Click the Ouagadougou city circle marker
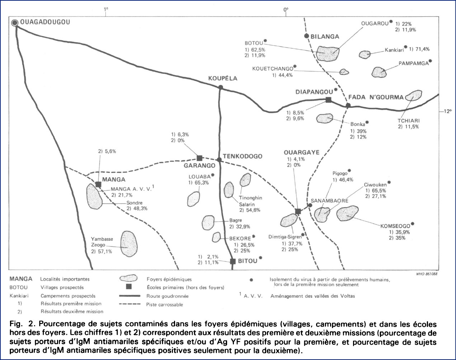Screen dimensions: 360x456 click(x=15, y=23)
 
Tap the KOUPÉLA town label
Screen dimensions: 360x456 click(x=223, y=79)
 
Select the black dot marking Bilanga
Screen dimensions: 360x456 click(x=306, y=36)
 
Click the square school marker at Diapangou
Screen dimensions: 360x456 click(x=328, y=100)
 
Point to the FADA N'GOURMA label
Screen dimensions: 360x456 click(x=376, y=97)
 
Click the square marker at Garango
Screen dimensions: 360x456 click(x=200, y=158)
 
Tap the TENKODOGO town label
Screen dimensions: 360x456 click(x=243, y=156)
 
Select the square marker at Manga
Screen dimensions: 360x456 click(x=98, y=184)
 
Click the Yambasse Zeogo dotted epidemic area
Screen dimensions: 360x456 click(x=128, y=243)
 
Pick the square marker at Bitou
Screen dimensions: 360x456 click(x=232, y=261)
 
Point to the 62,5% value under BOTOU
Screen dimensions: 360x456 click(x=258, y=50)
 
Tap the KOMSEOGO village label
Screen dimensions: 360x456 click(x=395, y=226)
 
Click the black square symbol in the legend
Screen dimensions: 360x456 click(x=129, y=287)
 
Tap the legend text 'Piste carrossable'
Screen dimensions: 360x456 click(x=165, y=305)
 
